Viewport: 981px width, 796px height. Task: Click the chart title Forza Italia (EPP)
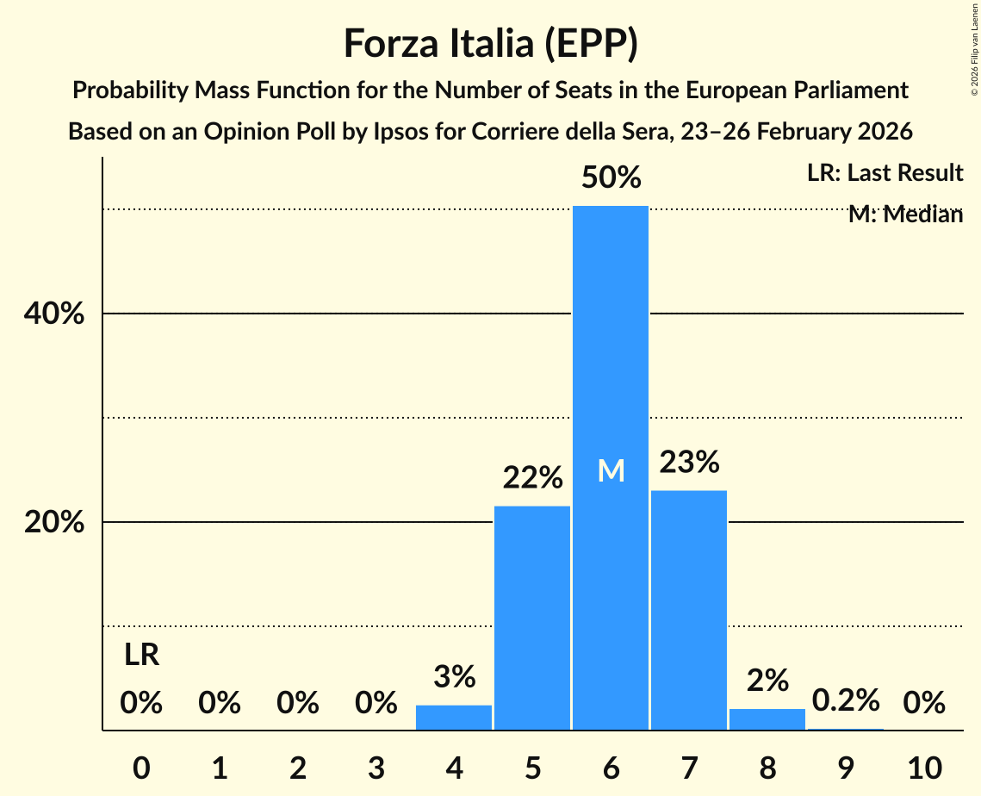coord(490,43)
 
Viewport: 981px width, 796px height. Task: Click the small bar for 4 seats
coord(454,718)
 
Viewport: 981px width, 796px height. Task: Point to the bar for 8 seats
coord(767,719)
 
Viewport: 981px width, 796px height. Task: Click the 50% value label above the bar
coord(611,178)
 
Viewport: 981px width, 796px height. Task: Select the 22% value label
coord(532,477)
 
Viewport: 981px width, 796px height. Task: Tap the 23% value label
coord(689,463)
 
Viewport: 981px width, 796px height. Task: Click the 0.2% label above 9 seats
coord(846,700)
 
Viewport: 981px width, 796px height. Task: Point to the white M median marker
coord(611,470)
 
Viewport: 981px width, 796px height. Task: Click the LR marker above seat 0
coord(141,656)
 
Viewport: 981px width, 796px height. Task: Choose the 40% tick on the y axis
coord(53,314)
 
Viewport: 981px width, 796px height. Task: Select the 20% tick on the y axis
coord(53,523)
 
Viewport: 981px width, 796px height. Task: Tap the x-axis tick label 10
coord(924,767)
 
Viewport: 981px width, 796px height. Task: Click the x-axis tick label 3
coord(376,767)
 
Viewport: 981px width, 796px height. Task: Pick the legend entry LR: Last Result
coord(885,173)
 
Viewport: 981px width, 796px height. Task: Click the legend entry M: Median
coord(905,215)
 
